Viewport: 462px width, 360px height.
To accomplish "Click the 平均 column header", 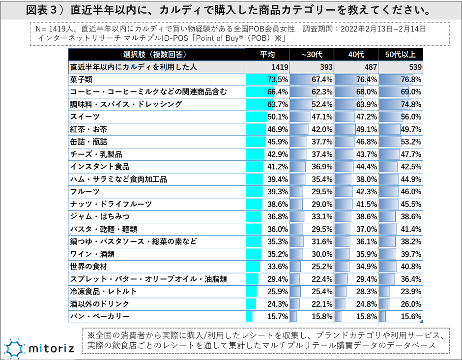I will (x=267, y=54).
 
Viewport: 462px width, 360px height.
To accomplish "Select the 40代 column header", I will (x=356, y=54).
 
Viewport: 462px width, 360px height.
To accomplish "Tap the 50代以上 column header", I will (x=400, y=54).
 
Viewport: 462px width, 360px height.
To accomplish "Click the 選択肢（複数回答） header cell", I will (x=156, y=54).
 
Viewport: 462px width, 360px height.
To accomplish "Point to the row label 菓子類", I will (x=82, y=79).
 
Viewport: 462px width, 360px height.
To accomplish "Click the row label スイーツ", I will (x=85, y=117).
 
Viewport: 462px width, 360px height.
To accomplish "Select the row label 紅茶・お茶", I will (x=88, y=129).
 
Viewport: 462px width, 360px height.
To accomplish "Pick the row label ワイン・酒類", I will (x=92, y=254).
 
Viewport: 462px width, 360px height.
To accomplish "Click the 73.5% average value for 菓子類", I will (x=278, y=79).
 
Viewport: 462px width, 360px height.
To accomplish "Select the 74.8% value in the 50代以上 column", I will (x=411, y=104).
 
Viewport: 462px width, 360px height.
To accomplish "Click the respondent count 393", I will (x=326, y=67).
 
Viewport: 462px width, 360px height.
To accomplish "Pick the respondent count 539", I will (x=415, y=67).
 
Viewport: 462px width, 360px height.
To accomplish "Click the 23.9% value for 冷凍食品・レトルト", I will (x=411, y=291).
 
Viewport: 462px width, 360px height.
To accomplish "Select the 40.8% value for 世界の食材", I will (x=411, y=267).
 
